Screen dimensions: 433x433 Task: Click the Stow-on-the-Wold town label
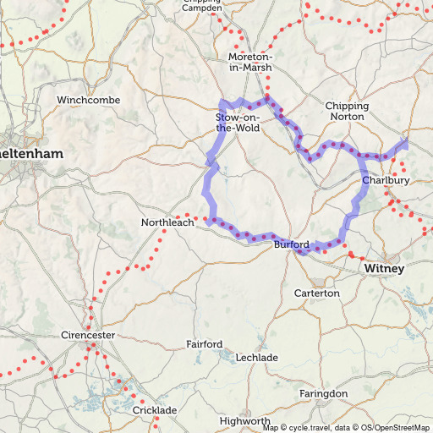click(x=238, y=122)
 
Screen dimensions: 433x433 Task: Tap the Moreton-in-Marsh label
click(x=250, y=62)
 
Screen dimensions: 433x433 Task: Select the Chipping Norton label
click(x=347, y=111)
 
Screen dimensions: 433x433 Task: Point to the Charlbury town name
click(x=386, y=180)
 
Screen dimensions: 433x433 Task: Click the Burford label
click(x=291, y=244)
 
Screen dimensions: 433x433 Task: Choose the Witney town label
click(x=385, y=268)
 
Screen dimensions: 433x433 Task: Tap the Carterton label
click(x=316, y=293)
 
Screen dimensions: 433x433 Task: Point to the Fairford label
click(x=205, y=344)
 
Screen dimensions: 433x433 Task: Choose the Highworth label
click(x=244, y=420)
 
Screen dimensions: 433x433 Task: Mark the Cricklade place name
click(x=155, y=410)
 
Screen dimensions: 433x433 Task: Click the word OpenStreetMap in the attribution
click(x=403, y=428)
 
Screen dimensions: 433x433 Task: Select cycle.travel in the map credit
click(x=308, y=428)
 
